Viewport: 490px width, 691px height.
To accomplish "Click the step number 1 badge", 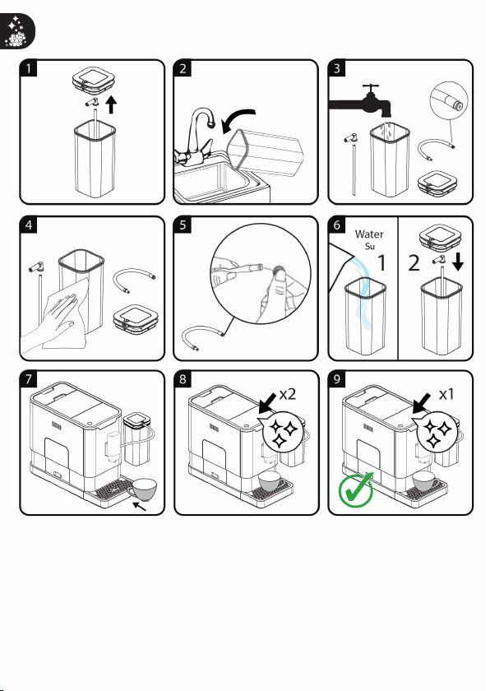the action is coord(28,68).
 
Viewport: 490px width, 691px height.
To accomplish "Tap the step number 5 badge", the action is coord(183,225).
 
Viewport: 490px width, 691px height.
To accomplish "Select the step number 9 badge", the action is coord(337,379).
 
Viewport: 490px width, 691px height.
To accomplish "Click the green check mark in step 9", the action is coord(356,489).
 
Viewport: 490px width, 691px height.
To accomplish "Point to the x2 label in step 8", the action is coord(288,394).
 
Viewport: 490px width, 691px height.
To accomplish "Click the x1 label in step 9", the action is coord(446,394).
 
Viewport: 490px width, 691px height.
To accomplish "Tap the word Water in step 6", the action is coord(369,234).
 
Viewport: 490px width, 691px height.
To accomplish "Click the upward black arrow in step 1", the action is coord(111,105).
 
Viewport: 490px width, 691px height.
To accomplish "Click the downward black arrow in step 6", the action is coord(458,262).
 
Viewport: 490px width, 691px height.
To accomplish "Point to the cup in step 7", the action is coord(142,489).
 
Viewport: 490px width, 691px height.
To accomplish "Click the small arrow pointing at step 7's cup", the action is coord(140,508).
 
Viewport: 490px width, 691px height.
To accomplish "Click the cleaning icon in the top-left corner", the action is coord(16,30).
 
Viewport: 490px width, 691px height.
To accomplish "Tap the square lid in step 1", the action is coord(94,81).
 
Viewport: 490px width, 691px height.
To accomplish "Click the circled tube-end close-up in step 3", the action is coord(449,100).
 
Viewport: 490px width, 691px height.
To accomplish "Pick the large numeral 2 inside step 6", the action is coord(414,262).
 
